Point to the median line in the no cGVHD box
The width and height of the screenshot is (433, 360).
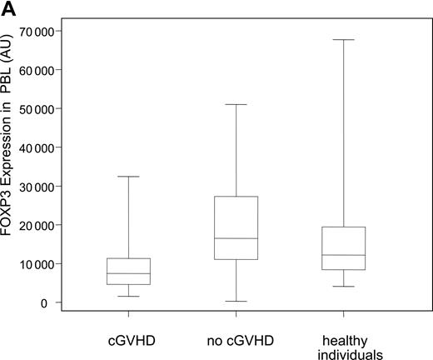(236, 238)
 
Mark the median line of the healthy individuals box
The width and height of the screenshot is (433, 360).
(344, 255)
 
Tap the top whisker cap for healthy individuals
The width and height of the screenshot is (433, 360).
(344, 39)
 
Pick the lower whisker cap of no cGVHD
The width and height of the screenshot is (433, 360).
(236, 302)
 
